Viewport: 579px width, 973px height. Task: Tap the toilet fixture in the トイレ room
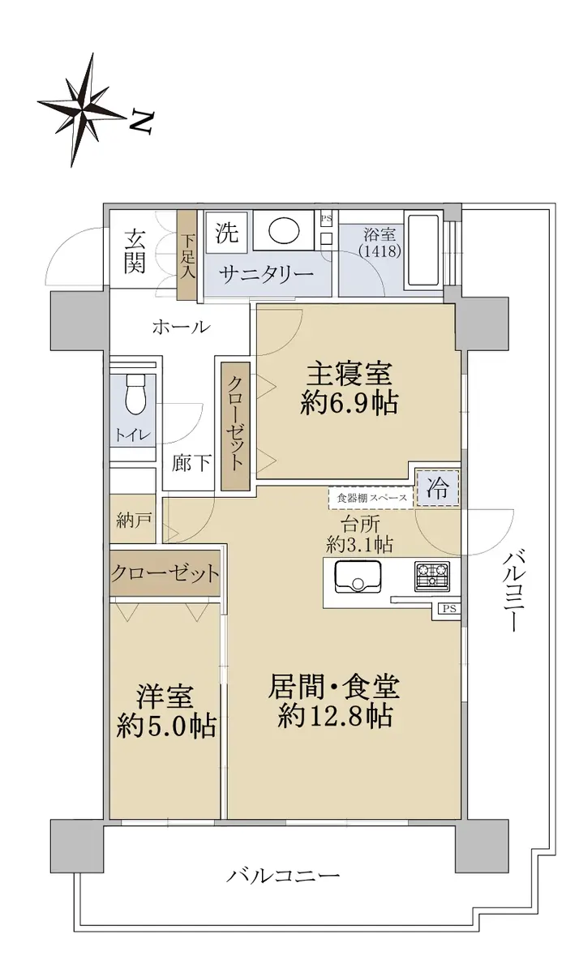click(x=135, y=394)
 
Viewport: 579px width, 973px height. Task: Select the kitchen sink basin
click(x=358, y=577)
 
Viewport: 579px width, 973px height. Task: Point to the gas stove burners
click(x=431, y=576)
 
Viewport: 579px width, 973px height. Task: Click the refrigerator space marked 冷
click(x=437, y=489)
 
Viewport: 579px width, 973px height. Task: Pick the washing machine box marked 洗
click(x=227, y=233)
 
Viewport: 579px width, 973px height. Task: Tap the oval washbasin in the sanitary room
click(x=284, y=230)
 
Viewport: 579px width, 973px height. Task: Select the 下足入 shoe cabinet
click(x=187, y=255)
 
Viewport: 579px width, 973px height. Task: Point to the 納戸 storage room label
click(x=132, y=520)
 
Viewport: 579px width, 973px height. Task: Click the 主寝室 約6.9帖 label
click(x=349, y=390)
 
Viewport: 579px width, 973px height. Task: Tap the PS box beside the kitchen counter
click(x=449, y=609)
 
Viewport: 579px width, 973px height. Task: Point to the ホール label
click(x=181, y=328)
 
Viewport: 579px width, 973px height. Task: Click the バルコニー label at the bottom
click(x=283, y=874)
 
